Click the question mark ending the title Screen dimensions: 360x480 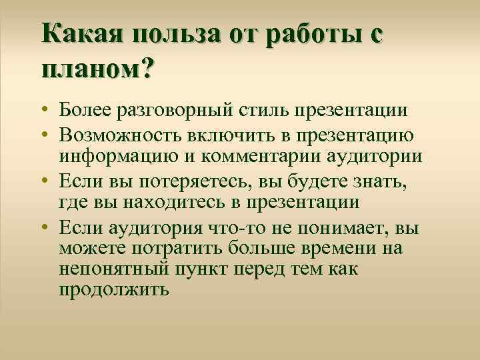pos(145,68)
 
